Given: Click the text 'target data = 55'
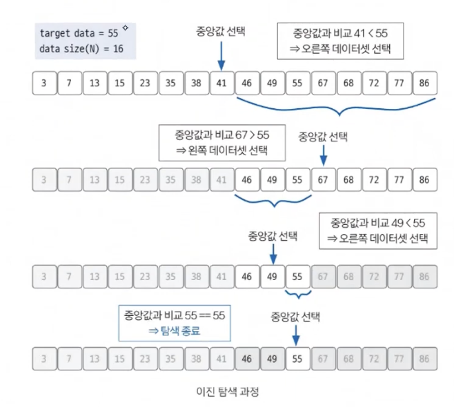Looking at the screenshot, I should (79, 33).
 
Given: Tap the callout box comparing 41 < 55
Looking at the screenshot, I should (338, 42).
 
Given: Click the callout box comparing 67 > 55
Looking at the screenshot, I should (221, 143).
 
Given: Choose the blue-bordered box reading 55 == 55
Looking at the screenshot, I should (175, 322).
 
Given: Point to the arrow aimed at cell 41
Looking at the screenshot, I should (221, 54).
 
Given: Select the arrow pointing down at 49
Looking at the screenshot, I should (272, 253).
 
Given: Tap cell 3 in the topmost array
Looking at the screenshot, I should (43, 84).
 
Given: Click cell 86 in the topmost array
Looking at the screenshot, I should (424, 84).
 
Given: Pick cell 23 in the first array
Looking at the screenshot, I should (145, 84).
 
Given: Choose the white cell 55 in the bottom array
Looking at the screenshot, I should (297, 359).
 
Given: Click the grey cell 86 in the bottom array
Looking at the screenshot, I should (424, 359).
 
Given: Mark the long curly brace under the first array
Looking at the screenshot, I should (336, 108).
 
